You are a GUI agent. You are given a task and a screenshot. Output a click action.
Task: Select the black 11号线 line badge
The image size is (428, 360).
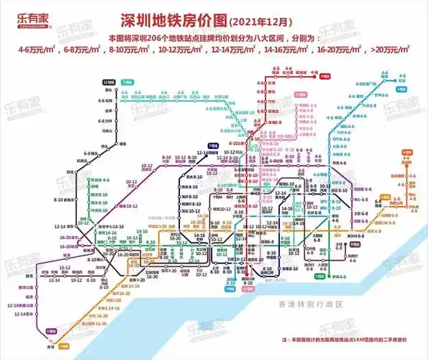[x=108, y=83]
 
